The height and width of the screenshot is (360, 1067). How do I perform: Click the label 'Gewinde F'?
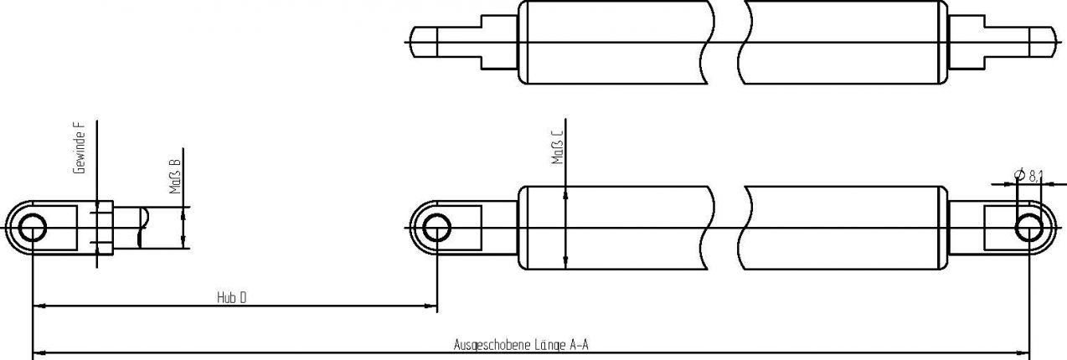(80, 147)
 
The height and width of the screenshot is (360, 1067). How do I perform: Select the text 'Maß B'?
(176, 177)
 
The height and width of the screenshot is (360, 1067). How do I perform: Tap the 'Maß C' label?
(557, 147)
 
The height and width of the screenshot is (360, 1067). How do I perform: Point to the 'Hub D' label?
(231, 297)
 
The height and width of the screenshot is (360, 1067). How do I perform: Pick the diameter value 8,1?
(1035, 175)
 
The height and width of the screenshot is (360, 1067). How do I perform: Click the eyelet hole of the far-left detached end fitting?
(32, 228)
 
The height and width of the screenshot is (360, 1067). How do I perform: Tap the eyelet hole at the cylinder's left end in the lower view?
(436, 228)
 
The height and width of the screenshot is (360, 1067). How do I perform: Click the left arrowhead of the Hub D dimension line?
(39, 307)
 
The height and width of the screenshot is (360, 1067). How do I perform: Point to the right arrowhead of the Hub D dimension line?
(430, 307)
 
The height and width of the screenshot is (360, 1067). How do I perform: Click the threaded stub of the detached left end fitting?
(126, 228)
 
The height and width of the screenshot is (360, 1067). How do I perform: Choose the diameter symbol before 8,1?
(1019, 175)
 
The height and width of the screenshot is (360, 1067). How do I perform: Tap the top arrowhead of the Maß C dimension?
(567, 191)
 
